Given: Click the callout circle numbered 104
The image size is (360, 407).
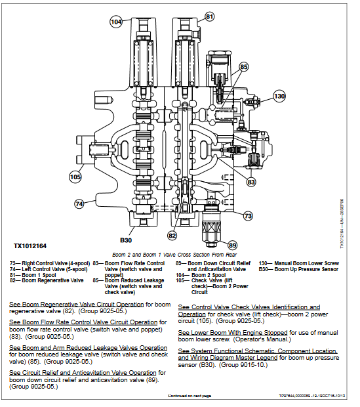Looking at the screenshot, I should [115, 22].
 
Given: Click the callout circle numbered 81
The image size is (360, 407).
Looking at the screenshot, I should [209, 16].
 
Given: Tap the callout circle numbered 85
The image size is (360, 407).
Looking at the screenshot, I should [243, 67].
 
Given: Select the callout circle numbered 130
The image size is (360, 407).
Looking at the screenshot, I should [279, 96].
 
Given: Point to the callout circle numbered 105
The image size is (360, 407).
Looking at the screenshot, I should [76, 176].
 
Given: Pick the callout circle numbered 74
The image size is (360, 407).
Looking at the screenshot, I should [79, 204].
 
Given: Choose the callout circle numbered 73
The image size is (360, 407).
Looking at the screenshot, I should [248, 215].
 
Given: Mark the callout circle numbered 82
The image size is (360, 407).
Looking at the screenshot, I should [172, 235].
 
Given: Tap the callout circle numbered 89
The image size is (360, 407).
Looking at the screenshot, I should [232, 246].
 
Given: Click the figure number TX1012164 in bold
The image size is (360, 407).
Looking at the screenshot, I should [31, 247].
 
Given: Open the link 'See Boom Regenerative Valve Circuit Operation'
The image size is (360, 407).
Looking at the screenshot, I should [76, 305].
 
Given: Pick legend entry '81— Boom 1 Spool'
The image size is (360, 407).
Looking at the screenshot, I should [31, 274].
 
